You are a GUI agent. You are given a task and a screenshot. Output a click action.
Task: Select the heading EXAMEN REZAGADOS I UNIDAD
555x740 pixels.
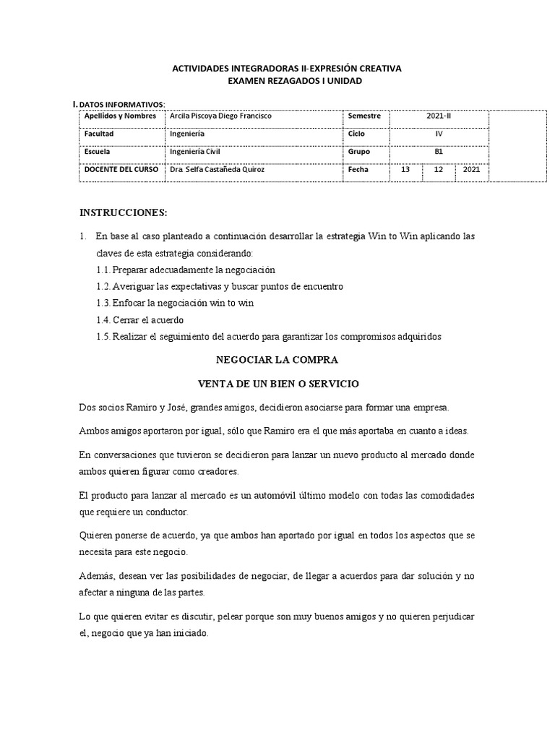pyautogui.click(x=285, y=81)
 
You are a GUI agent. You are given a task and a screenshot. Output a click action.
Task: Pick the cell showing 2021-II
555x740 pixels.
pyautogui.click(x=439, y=116)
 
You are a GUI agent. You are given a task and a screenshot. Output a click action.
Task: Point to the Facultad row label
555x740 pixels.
pyautogui.click(x=99, y=134)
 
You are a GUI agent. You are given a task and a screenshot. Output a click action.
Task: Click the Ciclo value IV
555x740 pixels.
pyautogui.click(x=439, y=134)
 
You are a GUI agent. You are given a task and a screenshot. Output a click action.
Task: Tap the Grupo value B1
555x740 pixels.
pyautogui.click(x=439, y=152)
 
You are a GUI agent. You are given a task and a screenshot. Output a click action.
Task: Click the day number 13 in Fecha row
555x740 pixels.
pyautogui.click(x=405, y=170)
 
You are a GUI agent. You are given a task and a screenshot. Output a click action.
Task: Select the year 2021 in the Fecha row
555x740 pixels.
pyautogui.click(x=471, y=170)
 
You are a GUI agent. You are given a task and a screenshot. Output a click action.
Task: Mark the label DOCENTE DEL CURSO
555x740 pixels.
pyautogui.click(x=118, y=170)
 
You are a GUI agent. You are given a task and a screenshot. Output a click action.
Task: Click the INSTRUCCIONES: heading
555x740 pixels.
pyautogui.click(x=123, y=213)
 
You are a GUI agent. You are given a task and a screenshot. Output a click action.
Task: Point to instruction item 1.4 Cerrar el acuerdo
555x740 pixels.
pyautogui.click(x=140, y=320)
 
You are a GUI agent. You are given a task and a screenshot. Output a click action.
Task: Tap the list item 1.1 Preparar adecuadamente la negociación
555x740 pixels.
pyautogui.click(x=186, y=270)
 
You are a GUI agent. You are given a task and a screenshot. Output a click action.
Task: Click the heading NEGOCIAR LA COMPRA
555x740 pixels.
pyautogui.click(x=277, y=359)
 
